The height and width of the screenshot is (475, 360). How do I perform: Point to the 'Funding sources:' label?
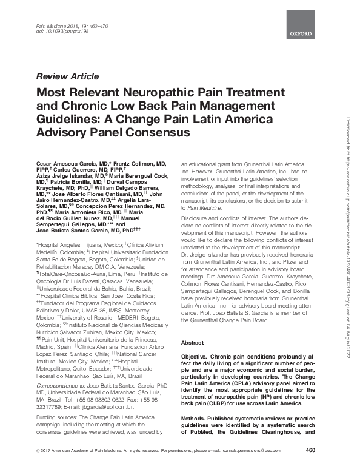pyautogui.click(x=60, y=419)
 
